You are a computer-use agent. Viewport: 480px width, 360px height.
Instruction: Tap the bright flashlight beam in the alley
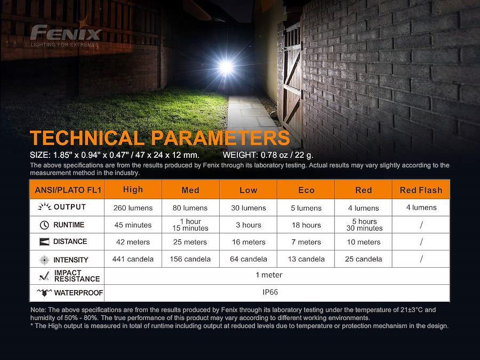tap(226, 67)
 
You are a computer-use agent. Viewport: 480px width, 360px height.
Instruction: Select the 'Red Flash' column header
tap(421, 190)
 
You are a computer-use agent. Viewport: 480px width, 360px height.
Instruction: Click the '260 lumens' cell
tap(133, 208)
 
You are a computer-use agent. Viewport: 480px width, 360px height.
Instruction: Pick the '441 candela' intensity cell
tap(133, 259)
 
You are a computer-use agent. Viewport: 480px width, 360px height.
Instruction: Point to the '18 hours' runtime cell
tap(306, 225)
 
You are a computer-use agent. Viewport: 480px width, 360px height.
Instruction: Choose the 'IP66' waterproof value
tap(270, 292)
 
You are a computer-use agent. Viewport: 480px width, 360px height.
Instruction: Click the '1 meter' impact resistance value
tap(269, 275)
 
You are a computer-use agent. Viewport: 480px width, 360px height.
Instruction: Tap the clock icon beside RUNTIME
tap(44, 225)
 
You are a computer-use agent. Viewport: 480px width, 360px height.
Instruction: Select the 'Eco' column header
tap(306, 190)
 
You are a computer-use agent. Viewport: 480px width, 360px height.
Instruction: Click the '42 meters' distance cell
tap(133, 242)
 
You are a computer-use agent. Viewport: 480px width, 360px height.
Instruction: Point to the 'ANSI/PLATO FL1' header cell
tap(68, 190)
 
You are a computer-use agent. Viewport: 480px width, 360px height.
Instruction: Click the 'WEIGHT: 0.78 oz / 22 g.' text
tap(268, 155)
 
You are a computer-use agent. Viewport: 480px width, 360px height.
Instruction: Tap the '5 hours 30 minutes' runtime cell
tap(364, 225)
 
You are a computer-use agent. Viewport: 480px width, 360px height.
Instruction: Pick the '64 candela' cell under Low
tap(248, 259)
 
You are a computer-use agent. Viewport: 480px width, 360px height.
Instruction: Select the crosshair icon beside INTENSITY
tap(44, 260)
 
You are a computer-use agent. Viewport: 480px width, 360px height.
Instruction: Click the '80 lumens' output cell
tap(190, 208)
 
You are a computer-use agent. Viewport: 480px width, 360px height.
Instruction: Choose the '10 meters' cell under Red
tap(364, 242)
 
